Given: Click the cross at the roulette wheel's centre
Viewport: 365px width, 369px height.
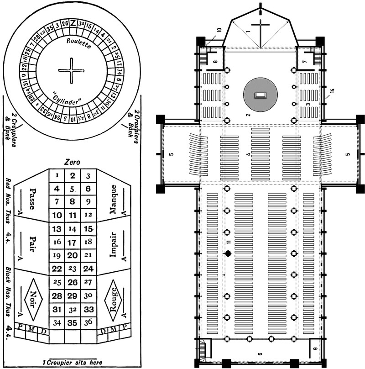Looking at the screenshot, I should point(72,70).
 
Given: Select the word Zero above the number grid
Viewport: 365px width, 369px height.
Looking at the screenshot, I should point(72,162).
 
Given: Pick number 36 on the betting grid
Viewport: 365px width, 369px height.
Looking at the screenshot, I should point(89,322).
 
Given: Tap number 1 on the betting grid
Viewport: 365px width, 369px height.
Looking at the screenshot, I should point(56,175).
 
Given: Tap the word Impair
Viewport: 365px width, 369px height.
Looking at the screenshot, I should point(113,245).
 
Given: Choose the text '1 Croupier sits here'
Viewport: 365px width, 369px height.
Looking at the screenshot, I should point(72,362).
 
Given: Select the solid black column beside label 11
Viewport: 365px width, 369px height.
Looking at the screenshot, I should point(227,253).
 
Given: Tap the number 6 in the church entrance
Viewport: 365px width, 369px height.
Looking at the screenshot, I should point(260,354).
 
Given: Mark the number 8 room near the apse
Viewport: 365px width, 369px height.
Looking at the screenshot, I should point(214,60).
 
